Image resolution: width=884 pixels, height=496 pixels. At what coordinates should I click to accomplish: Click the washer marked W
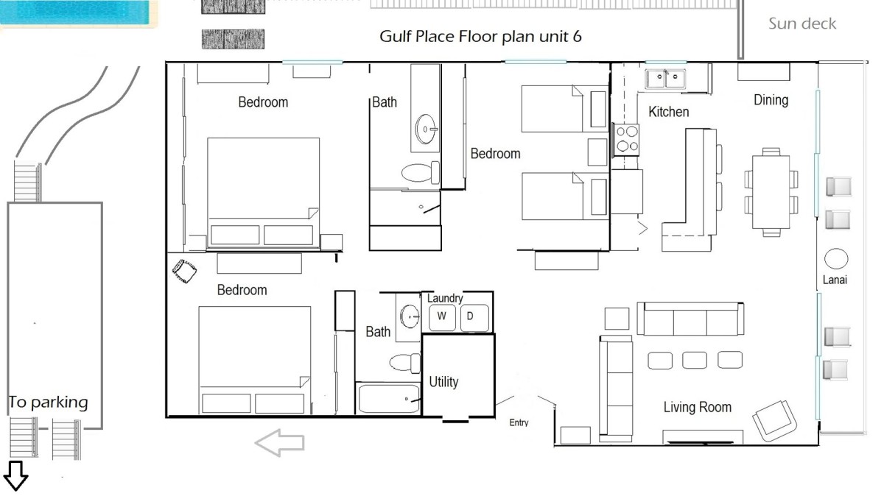click(442, 317)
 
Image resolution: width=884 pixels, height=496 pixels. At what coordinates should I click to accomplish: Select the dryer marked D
click(474, 317)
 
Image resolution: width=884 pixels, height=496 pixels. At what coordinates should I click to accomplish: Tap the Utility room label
click(443, 382)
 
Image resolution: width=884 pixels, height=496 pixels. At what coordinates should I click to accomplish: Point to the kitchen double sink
click(665, 79)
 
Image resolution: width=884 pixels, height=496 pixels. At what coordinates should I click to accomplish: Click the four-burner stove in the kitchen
click(625, 140)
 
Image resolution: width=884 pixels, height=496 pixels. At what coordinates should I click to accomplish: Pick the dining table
click(771, 192)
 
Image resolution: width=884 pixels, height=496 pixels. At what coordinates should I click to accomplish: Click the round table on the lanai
click(836, 259)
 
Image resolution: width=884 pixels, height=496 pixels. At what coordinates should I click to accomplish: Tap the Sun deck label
click(802, 24)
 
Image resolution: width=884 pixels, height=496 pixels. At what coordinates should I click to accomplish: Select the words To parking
click(48, 403)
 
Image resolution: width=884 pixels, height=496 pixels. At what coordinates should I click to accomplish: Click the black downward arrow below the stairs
click(15, 476)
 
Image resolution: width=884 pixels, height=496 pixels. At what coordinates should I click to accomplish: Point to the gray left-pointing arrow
click(279, 443)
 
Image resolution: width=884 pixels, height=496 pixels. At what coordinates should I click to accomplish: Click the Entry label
click(519, 422)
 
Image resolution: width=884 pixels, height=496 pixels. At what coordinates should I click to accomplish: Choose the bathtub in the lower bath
click(389, 399)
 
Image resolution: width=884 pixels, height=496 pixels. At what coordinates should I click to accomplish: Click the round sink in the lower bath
click(410, 316)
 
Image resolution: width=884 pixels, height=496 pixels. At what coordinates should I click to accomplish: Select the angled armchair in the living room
click(774, 421)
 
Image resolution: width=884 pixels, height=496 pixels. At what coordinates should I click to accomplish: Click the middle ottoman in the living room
click(695, 361)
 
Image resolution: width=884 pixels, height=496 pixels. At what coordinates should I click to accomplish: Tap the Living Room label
click(698, 407)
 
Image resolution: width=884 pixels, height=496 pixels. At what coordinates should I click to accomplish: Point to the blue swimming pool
click(75, 13)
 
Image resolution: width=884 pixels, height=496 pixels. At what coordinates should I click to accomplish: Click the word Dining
click(771, 100)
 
